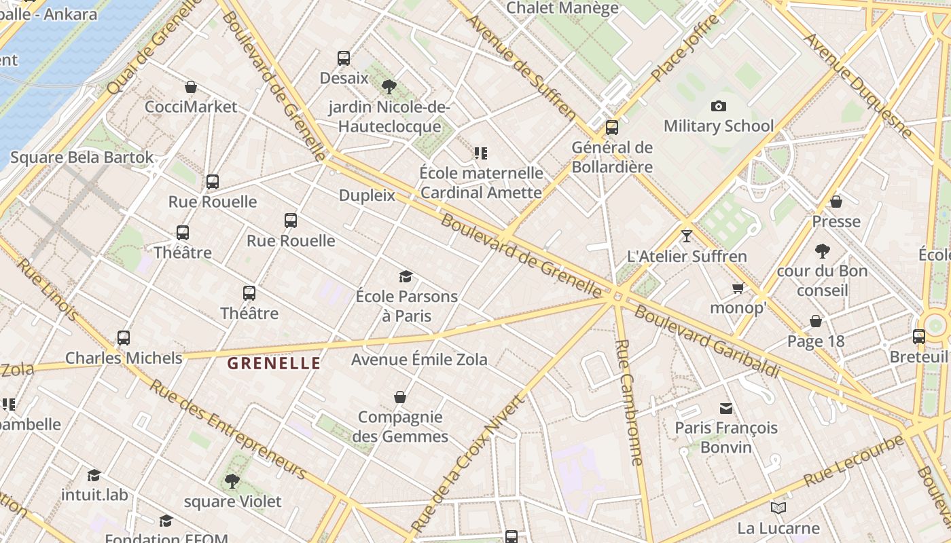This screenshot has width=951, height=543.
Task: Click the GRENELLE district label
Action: point(274,363)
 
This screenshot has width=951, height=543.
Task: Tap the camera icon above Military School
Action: point(718,106)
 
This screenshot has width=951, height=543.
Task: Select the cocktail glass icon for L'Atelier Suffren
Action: point(686,236)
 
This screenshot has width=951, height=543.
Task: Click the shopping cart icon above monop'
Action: point(738,288)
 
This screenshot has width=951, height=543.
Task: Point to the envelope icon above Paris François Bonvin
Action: point(726,408)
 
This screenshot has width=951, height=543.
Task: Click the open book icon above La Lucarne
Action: point(778,508)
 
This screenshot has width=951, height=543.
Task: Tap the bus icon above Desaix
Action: point(344,58)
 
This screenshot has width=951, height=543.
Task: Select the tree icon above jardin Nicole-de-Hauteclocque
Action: point(389,87)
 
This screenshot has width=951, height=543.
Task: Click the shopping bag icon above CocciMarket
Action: point(191,87)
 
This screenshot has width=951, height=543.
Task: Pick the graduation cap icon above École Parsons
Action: point(406,276)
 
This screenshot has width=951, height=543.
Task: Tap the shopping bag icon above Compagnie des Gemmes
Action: point(400,397)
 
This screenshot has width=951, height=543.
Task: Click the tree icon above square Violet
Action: point(232,481)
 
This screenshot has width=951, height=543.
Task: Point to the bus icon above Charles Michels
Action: point(124,337)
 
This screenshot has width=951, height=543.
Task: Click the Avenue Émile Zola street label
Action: point(419,359)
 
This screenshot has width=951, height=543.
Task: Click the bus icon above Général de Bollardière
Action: point(611,127)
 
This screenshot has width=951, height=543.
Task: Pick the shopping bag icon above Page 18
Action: point(815,321)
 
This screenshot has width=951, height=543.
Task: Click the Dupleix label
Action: point(367,195)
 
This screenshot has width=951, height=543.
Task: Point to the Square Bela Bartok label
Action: point(82,157)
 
